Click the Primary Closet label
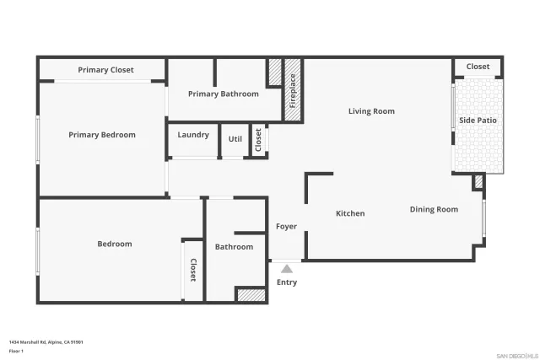tap(105, 70)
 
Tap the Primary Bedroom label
tap(102, 135)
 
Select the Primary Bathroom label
tap(223, 94)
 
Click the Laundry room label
tap(193, 135)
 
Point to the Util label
tap(235, 138)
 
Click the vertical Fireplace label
tap(293, 90)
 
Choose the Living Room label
tap(371, 111)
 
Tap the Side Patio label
tap(478, 121)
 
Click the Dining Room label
tap(434, 209)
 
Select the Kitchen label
tap(350, 213)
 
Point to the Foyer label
tap(286, 226)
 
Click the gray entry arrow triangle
tap(286, 268)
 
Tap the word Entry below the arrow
tap(287, 282)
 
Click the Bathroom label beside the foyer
tap(234, 247)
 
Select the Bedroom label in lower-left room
tap(115, 244)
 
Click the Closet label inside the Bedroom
tap(193, 269)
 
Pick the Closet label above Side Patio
tap(478, 67)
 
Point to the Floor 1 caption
tap(16, 351)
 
